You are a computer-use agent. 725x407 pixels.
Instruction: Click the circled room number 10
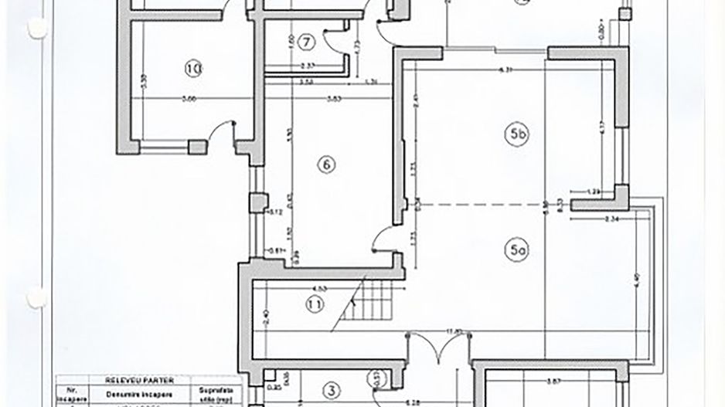[193, 69]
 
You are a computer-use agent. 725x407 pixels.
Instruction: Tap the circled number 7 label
[306, 40]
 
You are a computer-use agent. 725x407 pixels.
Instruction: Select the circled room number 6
[326, 164]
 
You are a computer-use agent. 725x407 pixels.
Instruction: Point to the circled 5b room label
[517, 134]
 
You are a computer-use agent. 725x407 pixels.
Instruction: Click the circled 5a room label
[517, 250]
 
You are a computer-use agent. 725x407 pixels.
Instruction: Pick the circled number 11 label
[314, 304]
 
